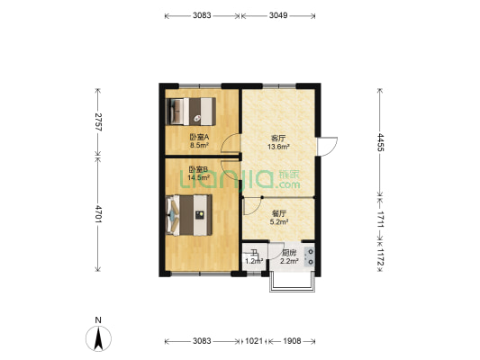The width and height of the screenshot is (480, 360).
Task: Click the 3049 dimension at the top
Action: [278, 15]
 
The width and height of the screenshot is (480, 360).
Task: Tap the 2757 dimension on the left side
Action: [98, 122]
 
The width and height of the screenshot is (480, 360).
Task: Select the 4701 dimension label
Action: [98, 214]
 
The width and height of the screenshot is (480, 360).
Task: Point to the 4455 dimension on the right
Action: [380, 142]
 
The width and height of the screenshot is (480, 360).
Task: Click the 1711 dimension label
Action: [380, 219]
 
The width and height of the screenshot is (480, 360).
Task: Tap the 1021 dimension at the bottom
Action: [254, 341]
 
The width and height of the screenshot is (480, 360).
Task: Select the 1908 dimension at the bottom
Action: [292, 341]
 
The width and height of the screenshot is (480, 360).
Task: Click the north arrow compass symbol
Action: [98, 338]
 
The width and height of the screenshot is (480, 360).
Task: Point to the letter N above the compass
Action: [98, 320]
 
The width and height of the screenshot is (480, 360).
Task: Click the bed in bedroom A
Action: [191, 112]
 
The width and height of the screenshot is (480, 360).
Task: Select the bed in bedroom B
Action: [189, 215]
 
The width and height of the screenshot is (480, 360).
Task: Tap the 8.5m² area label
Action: [199, 145]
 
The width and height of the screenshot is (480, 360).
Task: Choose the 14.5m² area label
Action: [199, 177]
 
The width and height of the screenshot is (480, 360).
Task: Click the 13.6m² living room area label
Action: [278, 147]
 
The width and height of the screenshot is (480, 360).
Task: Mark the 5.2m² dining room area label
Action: [279, 221]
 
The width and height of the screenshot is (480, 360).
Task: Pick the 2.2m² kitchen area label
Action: [289, 261]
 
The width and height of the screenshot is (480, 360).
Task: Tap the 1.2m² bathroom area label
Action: [254, 261]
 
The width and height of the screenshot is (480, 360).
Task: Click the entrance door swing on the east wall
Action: [328, 147]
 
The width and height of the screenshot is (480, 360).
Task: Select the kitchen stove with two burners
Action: [310, 256]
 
